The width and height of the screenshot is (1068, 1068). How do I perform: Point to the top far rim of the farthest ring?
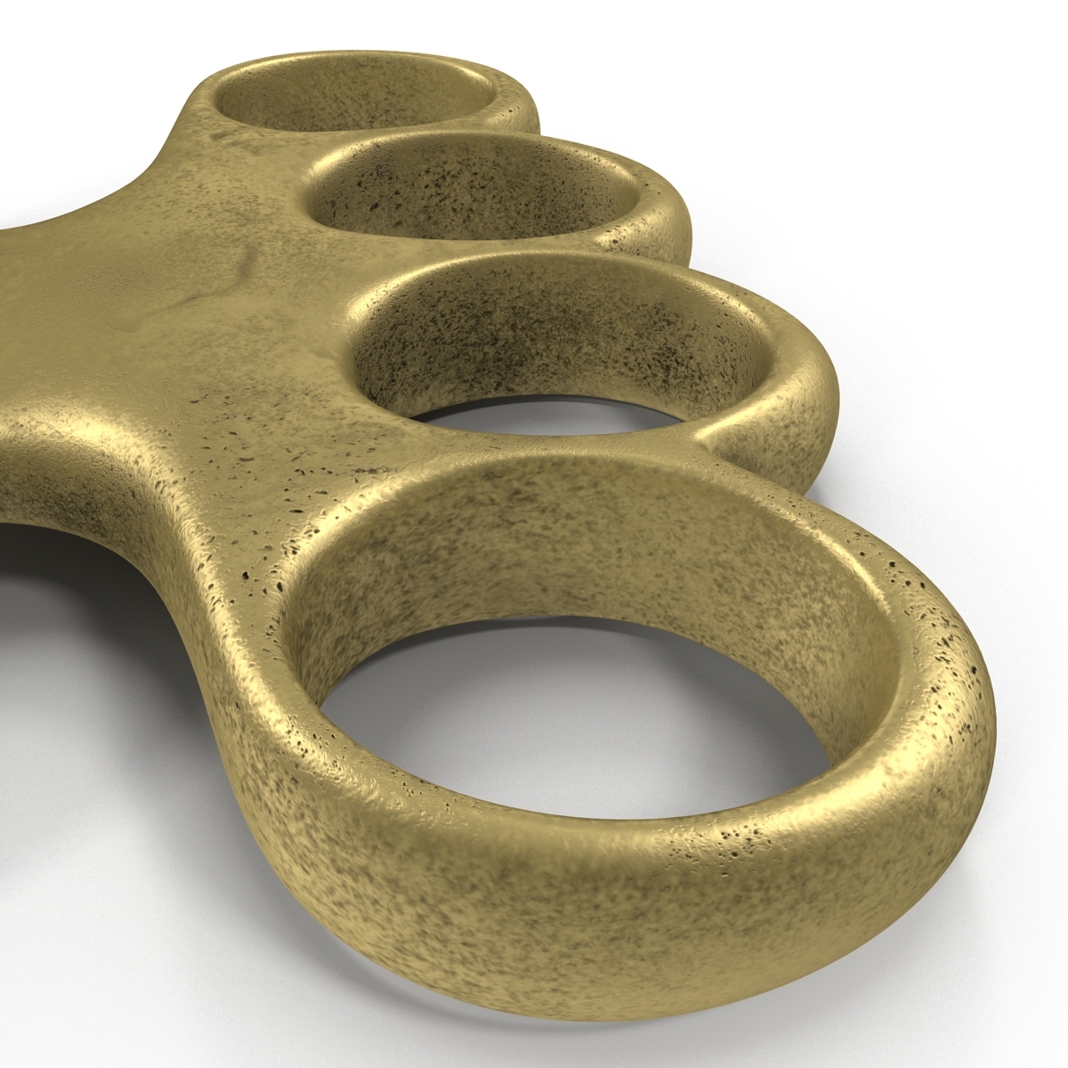[356, 67]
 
